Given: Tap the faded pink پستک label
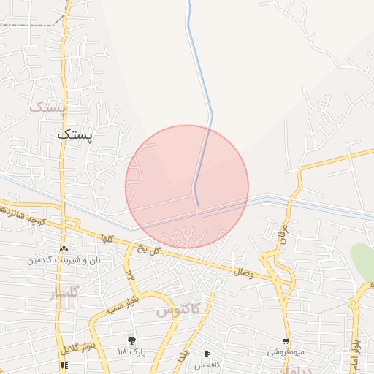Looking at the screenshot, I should point(48,107).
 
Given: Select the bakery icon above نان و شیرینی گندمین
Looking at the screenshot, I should point(64,249).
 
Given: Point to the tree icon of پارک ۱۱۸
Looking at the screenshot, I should point(131,340).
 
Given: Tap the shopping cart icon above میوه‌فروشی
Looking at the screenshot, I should point(285,340).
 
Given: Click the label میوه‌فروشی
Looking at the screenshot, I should point(284,351).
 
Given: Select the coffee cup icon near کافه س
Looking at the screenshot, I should point(207,354).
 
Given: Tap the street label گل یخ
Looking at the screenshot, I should point(150,248).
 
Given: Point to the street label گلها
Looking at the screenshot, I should point(108,238).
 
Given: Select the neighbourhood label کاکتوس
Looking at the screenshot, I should point(178,310).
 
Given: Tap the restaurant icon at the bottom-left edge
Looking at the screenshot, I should point(64,365).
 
